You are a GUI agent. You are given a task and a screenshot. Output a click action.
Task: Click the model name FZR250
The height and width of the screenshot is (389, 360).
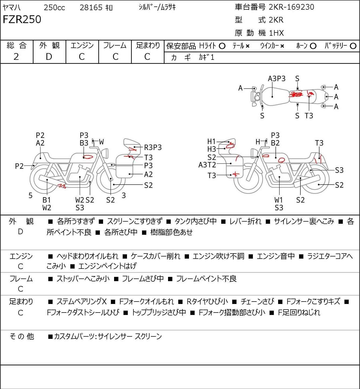(x=22, y=19)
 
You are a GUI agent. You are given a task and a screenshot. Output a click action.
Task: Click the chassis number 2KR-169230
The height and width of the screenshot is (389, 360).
(x=291, y=7)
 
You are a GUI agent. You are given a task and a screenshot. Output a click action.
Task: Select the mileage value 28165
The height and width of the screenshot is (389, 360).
(x=91, y=8)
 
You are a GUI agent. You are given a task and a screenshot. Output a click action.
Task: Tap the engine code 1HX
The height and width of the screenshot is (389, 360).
(x=277, y=33)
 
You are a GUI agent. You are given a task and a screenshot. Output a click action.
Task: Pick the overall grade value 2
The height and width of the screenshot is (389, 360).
(x=16, y=57)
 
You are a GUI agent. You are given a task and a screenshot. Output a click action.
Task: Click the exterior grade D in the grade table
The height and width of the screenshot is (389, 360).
(x=49, y=57)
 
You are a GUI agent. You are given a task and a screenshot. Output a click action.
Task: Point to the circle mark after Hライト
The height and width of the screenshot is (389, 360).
(x=222, y=46)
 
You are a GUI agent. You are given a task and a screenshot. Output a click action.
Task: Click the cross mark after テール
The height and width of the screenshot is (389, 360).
(x=248, y=46)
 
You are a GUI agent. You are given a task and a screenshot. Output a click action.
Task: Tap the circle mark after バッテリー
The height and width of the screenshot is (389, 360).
(x=353, y=46)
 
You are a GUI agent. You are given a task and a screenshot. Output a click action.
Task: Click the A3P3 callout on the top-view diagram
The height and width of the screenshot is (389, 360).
(x=277, y=79)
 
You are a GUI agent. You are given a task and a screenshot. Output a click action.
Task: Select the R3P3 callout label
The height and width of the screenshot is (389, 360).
(x=153, y=148)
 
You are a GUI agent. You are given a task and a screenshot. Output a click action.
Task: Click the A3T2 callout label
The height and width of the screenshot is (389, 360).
(x=207, y=165)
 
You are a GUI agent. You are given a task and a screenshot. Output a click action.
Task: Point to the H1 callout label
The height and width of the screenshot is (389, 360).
(x=211, y=141)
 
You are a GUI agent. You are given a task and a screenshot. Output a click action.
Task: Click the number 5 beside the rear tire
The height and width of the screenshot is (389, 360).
(x=30, y=196)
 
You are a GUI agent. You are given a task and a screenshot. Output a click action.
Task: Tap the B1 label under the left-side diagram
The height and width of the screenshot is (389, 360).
(x=47, y=200)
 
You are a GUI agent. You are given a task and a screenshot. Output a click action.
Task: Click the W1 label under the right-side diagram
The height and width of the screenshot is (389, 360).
(x=279, y=200)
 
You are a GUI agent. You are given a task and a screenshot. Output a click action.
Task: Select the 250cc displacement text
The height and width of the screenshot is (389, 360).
(x=54, y=8)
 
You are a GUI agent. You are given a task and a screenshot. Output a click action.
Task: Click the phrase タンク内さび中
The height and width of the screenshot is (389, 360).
(x=195, y=221)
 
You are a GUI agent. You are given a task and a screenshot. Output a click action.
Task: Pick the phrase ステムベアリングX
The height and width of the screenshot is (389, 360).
(x=82, y=302)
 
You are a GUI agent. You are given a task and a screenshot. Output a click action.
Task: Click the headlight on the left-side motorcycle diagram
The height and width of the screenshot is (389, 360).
(x=105, y=153)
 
